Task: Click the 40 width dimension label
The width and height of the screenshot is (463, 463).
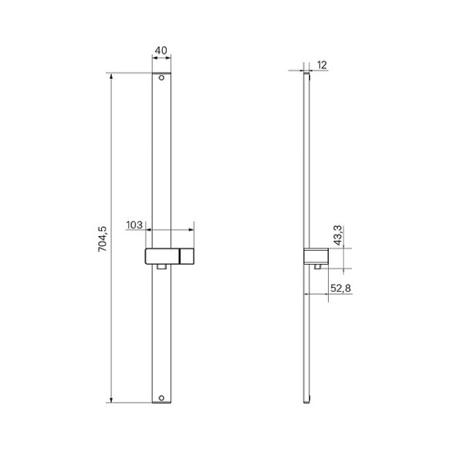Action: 161,51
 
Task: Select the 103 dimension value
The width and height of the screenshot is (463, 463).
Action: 134,225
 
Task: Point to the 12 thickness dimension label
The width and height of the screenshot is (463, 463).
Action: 322,65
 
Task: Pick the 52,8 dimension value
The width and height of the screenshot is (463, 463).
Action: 341,288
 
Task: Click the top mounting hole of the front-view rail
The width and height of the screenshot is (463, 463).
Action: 161,78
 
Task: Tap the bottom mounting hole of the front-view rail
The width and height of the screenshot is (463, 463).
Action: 161,398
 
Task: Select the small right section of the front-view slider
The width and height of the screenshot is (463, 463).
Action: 187,256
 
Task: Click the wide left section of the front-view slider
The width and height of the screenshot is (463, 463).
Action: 162,256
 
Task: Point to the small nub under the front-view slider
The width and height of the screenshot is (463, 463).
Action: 161,268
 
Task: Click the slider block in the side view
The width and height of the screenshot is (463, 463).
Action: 316,256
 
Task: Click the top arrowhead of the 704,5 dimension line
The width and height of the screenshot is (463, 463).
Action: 112,76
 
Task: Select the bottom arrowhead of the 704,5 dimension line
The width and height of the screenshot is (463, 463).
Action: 112,400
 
